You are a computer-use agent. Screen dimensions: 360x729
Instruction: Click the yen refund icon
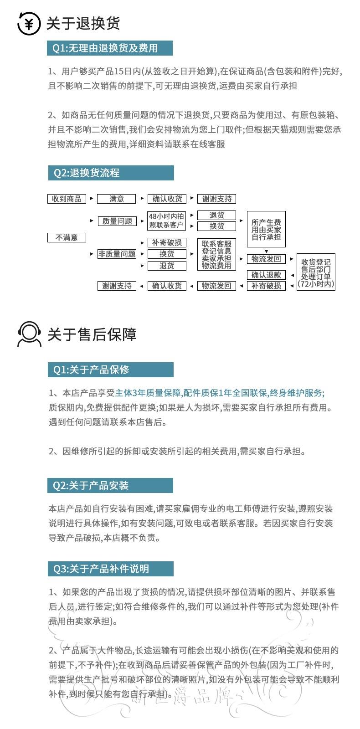point(29,23)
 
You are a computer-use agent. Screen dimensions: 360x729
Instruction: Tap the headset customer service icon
point(29,334)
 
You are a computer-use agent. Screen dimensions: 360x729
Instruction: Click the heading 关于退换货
point(83,23)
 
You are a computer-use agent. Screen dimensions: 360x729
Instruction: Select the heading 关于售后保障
point(92,334)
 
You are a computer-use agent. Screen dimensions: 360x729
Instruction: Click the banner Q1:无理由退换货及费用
point(110,48)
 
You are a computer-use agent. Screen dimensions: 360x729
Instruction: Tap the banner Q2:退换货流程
point(111,173)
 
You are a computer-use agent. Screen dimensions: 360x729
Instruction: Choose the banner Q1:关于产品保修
point(110,370)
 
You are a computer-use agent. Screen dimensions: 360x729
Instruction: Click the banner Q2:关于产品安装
point(110,486)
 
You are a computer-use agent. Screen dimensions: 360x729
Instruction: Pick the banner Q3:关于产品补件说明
point(110,569)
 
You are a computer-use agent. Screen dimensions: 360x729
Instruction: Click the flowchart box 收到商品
point(67,199)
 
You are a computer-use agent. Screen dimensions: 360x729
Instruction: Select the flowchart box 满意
point(117,199)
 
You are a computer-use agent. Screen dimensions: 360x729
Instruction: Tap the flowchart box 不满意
point(67,237)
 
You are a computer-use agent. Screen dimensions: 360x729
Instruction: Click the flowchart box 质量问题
point(117,221)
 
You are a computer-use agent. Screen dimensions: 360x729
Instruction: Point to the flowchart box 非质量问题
point(117,254)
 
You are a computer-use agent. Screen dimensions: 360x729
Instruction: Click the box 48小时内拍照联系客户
point(166,221)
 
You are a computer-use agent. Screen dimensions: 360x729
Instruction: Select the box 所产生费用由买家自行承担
point(266,229)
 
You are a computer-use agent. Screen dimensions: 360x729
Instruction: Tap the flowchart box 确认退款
point(266,275)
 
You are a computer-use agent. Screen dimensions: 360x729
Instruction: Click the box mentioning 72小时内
point(316,272)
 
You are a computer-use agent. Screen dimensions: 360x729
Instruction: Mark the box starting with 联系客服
point(216,255)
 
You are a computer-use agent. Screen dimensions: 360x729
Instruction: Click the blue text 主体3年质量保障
point(148,393)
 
